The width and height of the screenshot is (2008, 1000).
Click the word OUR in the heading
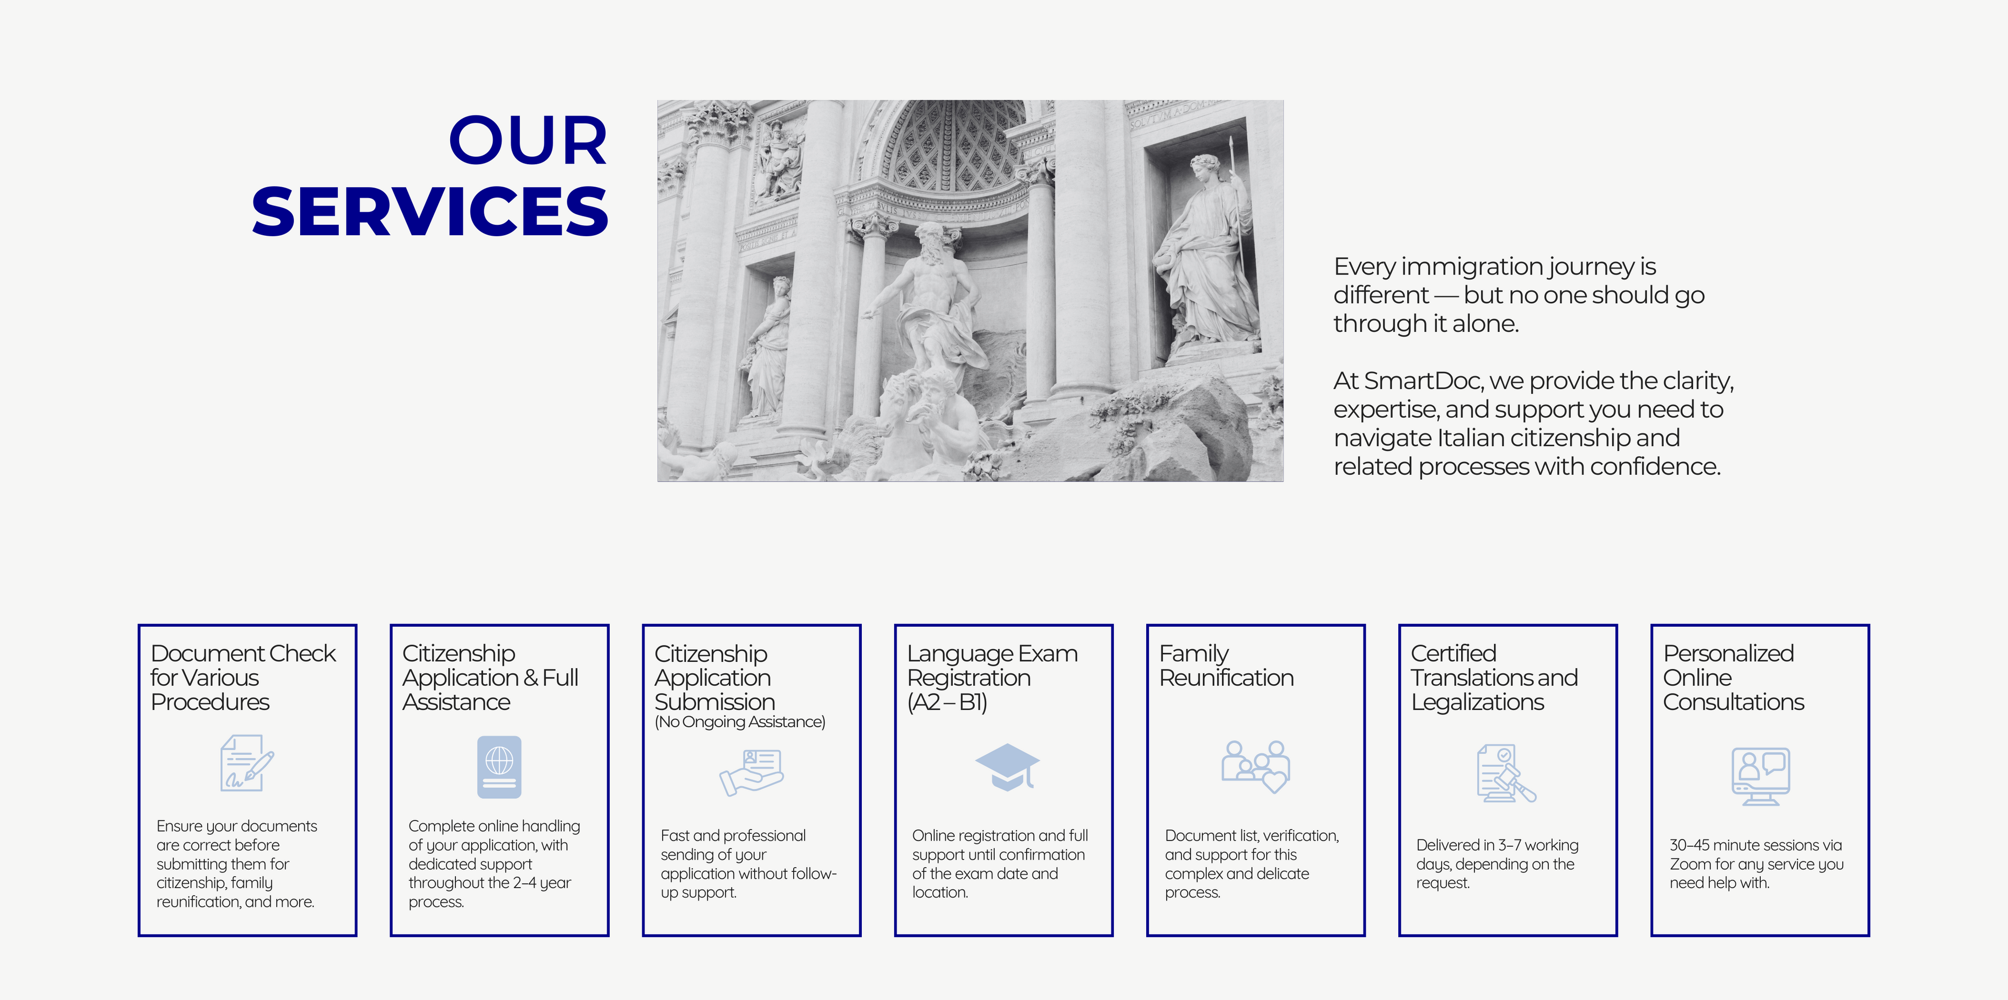pyautogui.click(x=528, y=141)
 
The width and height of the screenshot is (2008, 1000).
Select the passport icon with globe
pyautogui.click(x=499, y=767)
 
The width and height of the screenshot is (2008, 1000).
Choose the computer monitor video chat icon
pyautogui.click(x=1760, y=776)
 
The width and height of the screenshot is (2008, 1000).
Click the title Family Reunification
pyautogui.click(x=1226, y=665)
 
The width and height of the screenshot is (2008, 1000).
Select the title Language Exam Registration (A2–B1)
pyautogui.click(x=992, y=677)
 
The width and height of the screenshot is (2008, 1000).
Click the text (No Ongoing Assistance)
pyautogui.click(x=740, y=722)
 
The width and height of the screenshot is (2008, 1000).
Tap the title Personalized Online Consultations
pyautogui.click(x=1733, y=677)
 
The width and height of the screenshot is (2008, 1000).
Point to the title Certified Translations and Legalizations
pyautogui.click(x=1494, y=677)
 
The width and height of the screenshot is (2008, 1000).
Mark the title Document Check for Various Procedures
pyautogui.click(x=243, y=677)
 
